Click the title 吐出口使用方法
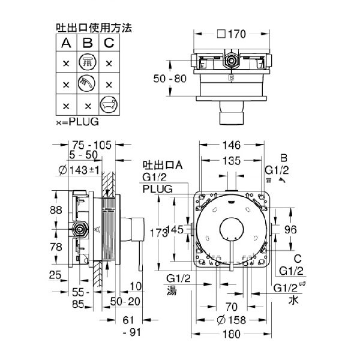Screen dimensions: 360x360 point(93,28)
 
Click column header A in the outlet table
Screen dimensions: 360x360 point(65,43)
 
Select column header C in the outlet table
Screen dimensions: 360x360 point(107,43)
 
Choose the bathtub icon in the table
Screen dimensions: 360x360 point(107,104)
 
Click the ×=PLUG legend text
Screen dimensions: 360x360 point(76,120)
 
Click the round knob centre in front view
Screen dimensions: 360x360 point(230,229)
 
